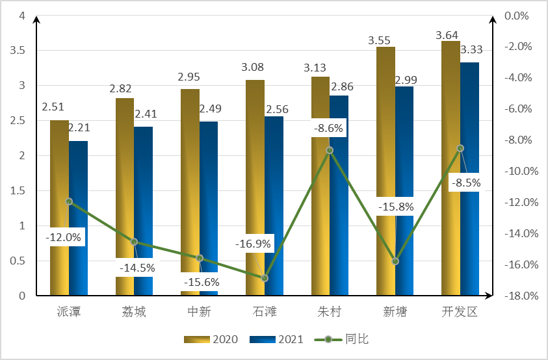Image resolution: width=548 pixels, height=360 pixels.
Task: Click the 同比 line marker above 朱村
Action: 330,150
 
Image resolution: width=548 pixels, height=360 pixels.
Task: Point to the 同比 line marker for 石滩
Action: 265,278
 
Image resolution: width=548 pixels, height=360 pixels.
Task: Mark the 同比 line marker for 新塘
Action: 395,261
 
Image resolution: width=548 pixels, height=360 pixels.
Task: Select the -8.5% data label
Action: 466,183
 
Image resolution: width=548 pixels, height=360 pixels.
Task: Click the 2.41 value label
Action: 146,114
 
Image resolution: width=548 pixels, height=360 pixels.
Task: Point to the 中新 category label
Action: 199,312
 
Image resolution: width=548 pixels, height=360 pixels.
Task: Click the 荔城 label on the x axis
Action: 134,312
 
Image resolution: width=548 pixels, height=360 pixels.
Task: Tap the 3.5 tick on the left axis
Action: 16,51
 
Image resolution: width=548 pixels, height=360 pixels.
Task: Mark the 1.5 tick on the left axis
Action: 16,191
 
